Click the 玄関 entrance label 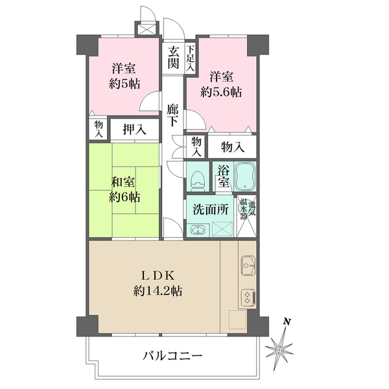[x=172, y=58]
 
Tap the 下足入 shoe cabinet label [x=191, y=58]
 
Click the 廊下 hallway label [x=172, y=117]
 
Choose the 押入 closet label [x=134, y=129]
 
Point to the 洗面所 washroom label [x=209, y=209]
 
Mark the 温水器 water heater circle [x=245, y=207]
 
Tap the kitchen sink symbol [x=248, y=265]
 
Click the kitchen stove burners [x=248, y=297]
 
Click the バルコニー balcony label [x=172, y=356]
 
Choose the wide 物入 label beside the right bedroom [x=232, y=147]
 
